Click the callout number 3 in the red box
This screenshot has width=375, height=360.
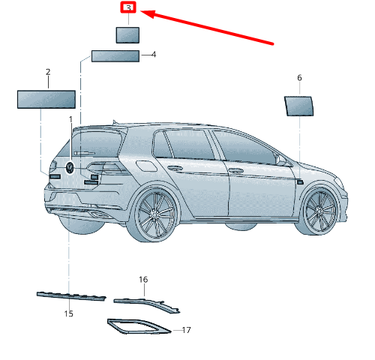pyautogui.click(x=128, y=7)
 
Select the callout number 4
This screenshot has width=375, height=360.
pyautogui.click(x=154, y=55)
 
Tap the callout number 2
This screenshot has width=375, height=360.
pyautogui.click(x=48, y=72)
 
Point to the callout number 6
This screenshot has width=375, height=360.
pyautogui.click(x=299, y=78)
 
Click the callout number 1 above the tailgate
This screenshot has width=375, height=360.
pyautogui.click(x=70, y=119)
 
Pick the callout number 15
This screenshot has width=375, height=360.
pyautogui.click(x=68, y=313)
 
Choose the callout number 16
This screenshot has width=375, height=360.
pyautogui.click(x=143, y=280)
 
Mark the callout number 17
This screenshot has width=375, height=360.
pyautogui.click(x=187, y=330)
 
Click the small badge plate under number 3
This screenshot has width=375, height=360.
pyautogui.click(x=127, y=35)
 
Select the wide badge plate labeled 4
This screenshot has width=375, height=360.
pyautogui.click(x=115, y=56)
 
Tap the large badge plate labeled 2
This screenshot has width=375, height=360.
pyautogui.click(x=46, y=100)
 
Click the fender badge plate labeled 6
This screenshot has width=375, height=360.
pyautogui.click(x=299, y=106)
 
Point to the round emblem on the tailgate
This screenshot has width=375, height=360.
pyautogui.click(x=70, y=167)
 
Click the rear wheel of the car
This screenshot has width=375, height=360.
pyautogui.click(x=155, y=214)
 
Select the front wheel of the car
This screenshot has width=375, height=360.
pyautogui.click(x=320, y=211)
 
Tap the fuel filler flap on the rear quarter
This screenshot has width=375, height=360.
pyautogui.click(x=146, y=166)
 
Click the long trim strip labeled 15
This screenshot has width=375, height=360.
pyautogui.click(x=71, y=296)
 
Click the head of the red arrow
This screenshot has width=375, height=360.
pyautogui.click(x=148, y=13)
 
